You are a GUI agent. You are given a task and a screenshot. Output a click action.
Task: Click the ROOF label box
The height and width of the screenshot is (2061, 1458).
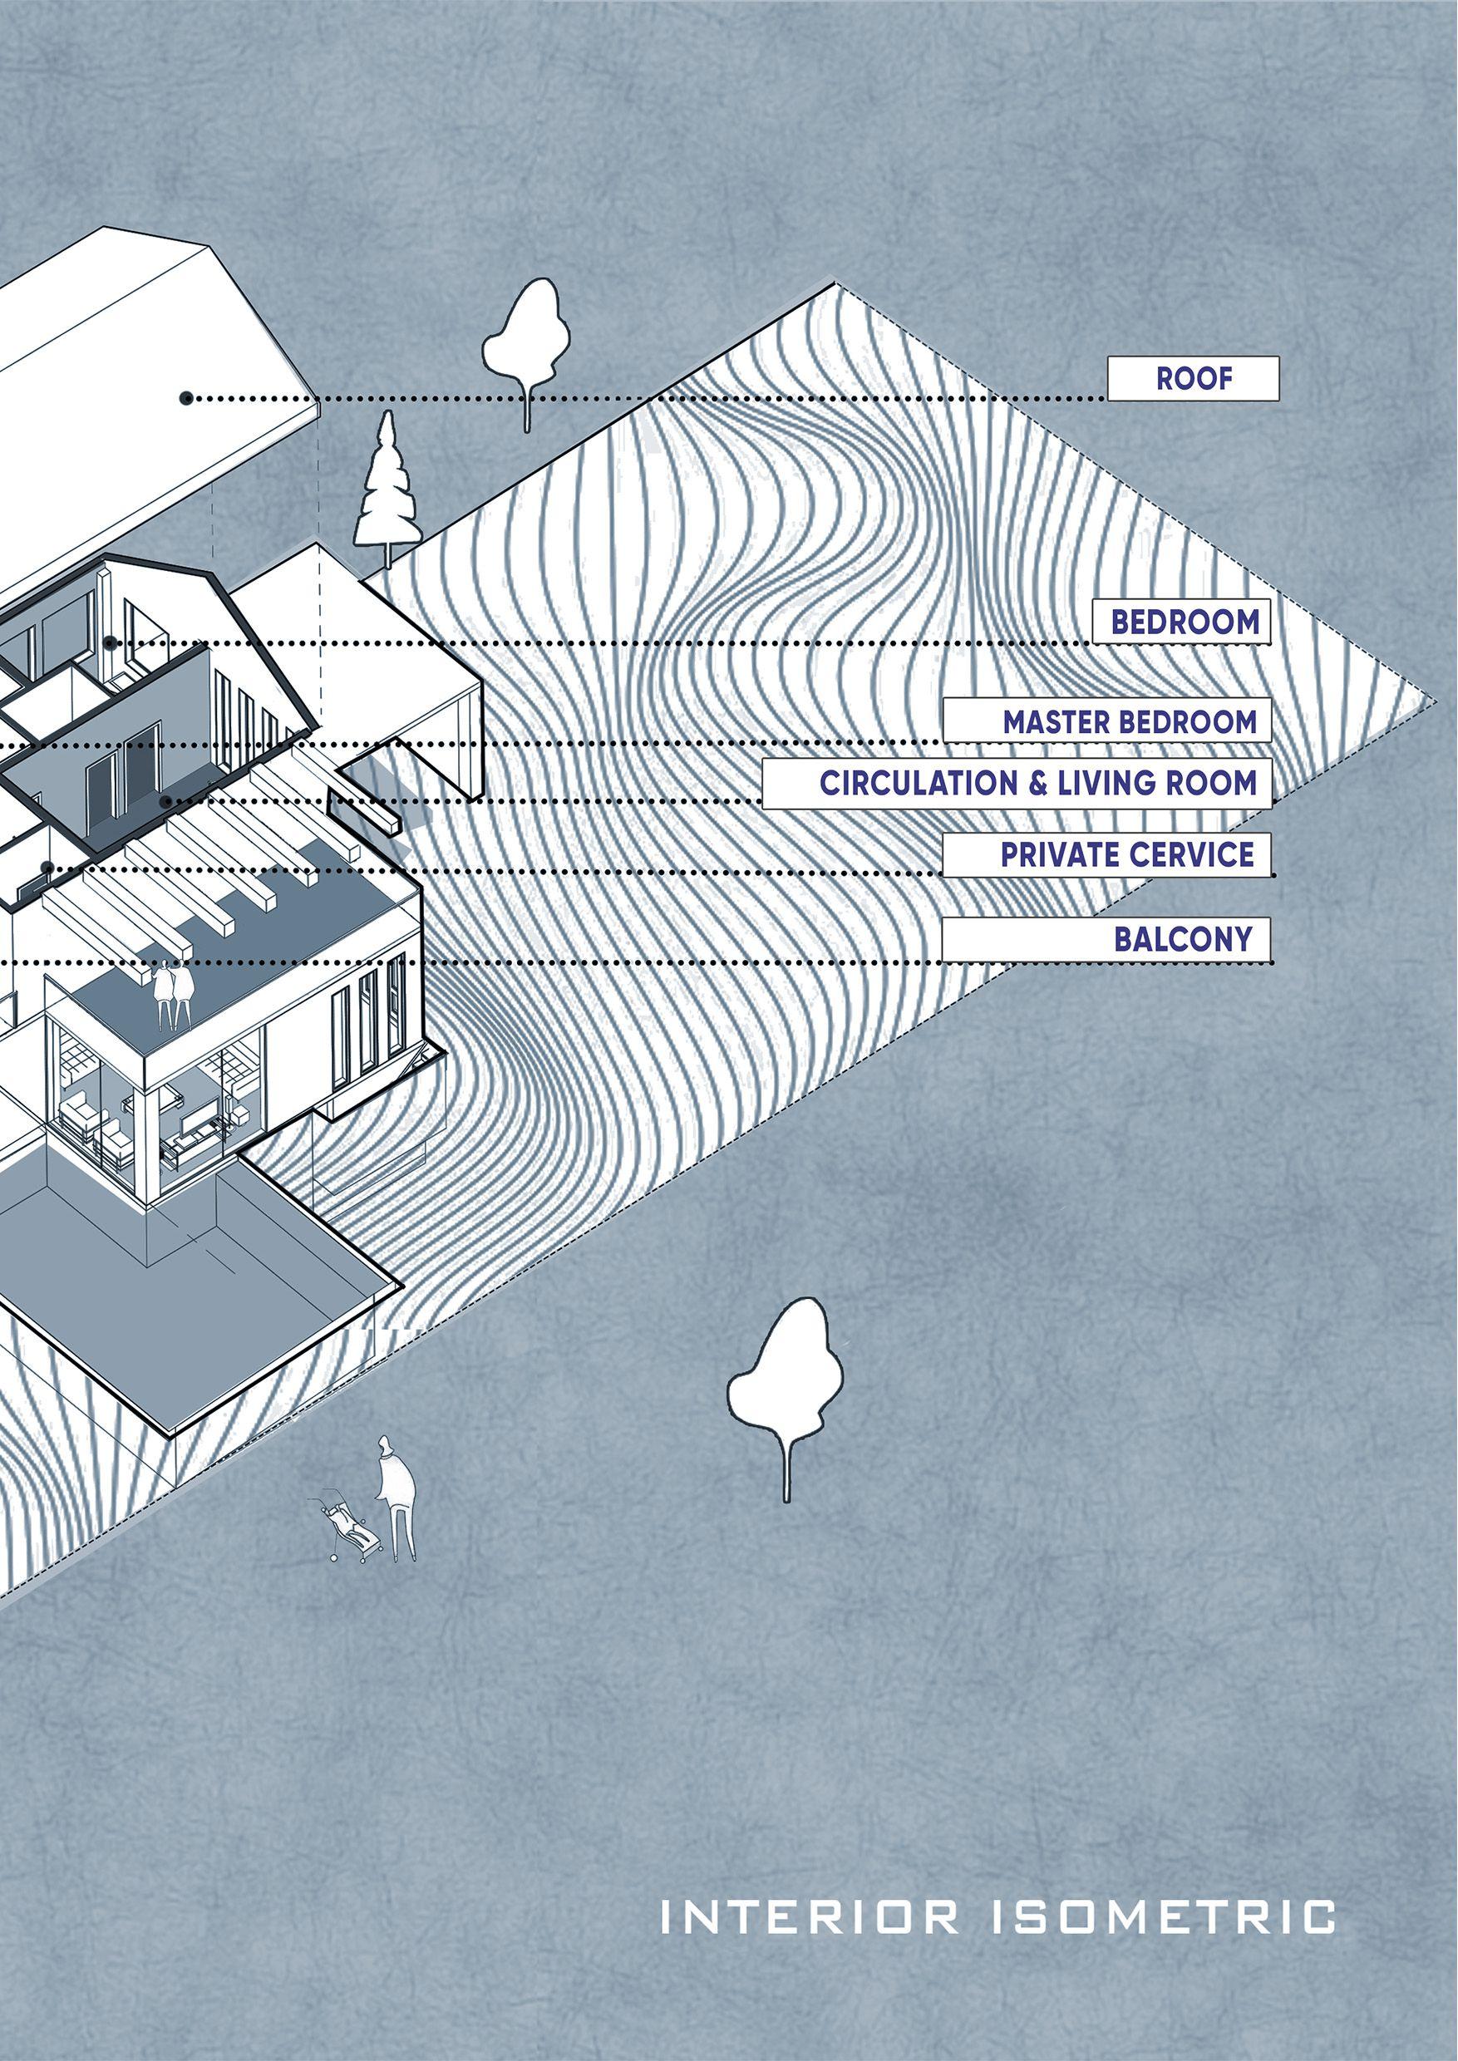[1192, 378]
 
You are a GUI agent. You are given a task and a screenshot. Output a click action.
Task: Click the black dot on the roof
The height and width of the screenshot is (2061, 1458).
[186, 398]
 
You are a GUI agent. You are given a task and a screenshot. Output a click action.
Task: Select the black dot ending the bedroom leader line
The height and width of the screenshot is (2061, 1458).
[110, 642]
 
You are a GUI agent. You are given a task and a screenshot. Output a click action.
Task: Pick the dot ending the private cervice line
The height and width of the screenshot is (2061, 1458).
[47, 867]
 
